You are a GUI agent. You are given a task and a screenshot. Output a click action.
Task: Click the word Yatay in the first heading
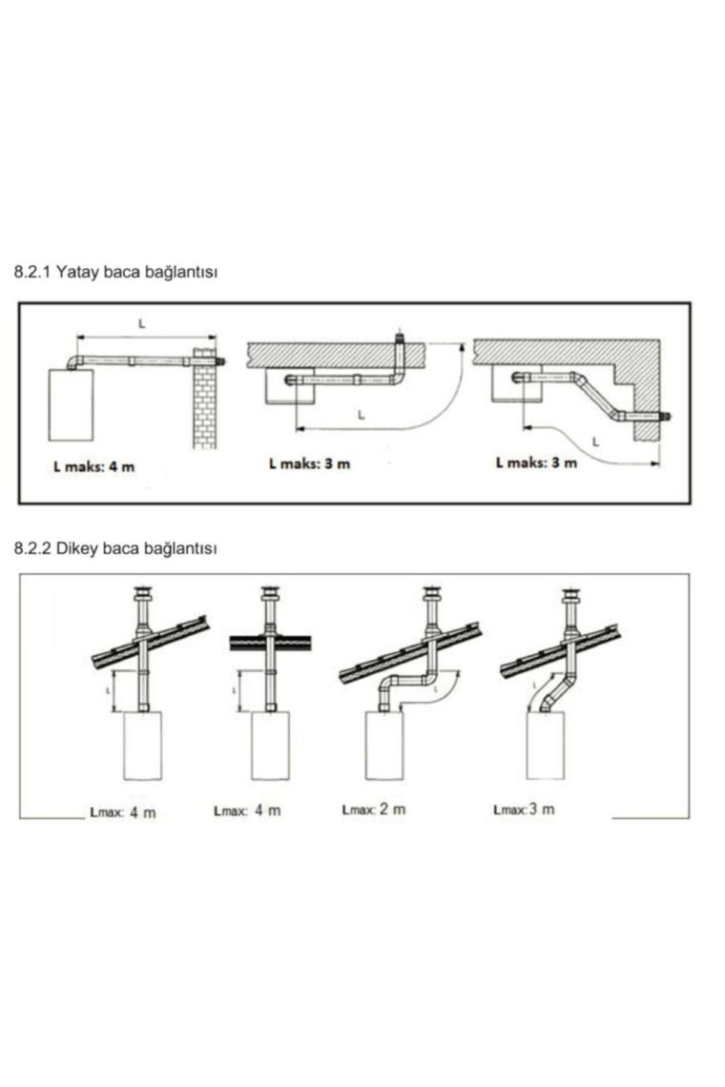[77, 272]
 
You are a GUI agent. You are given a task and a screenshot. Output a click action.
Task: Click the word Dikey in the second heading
[77, 548]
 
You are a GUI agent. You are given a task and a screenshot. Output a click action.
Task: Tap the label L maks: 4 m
[93, 466]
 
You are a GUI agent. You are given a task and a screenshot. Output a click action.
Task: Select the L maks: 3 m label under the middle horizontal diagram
[309, 463]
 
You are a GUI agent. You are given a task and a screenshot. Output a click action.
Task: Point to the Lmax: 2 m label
[374, 810]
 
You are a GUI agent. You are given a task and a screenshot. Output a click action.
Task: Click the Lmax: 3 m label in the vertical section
[524, 809]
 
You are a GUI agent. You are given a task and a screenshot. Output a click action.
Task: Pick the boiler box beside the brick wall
[71, 405]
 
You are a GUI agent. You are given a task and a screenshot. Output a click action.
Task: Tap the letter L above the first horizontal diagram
[142, 324]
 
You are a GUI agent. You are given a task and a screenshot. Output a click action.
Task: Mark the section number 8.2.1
[31, 272]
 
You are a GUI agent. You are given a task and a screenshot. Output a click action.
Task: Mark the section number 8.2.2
[31, 548]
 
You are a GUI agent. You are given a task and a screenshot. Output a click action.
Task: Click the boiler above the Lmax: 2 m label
[384, 746]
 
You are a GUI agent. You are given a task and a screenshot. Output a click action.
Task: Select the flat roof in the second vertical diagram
[270, 643]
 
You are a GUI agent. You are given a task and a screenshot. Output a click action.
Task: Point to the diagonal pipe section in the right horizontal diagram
[596, 398]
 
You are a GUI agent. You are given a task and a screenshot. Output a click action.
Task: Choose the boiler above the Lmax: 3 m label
[546, 746]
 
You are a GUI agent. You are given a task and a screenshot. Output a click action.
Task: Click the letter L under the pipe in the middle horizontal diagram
[361, 415]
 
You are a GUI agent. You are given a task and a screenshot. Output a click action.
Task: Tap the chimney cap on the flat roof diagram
[270, 595]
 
